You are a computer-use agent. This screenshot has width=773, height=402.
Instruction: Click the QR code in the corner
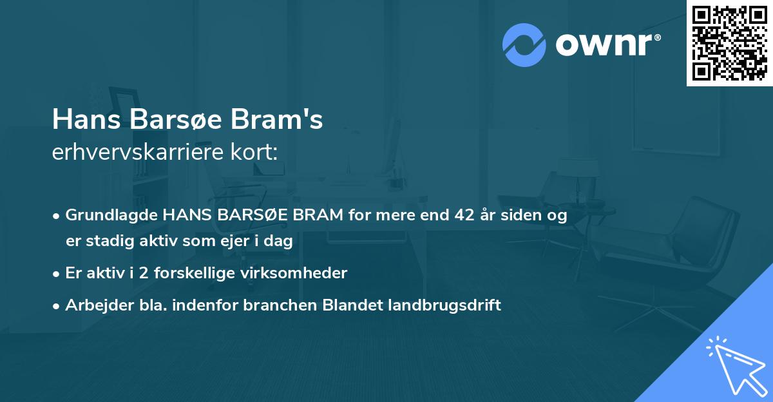tap(730, 43)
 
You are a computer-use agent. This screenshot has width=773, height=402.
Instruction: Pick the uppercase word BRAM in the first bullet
tap(318, 216)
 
